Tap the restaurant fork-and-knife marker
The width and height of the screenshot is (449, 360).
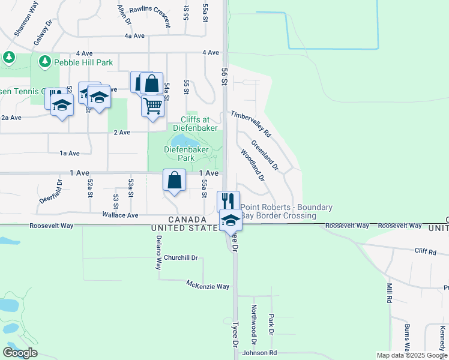pos(228,201)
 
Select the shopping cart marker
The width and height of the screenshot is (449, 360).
pos(153,106)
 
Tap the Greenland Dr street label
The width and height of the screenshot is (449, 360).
pos(265,154)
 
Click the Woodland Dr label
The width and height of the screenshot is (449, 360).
pos(253,165)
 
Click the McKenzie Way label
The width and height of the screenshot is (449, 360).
pos(208,285)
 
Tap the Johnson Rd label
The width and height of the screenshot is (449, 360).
pos(259,353)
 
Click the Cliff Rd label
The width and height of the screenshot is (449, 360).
pos(424,252)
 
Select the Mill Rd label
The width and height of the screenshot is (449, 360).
pos(389,292)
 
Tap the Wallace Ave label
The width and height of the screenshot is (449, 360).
pos(120,215)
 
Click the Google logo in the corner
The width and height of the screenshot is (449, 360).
pos(20,352)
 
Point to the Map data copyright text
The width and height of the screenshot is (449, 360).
pos(412,355)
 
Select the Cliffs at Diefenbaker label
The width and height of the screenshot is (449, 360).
pos(193,123)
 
